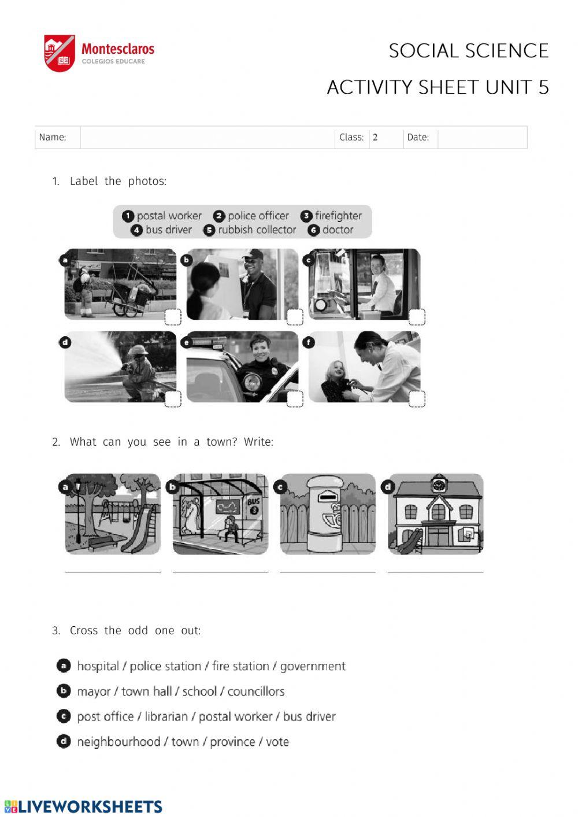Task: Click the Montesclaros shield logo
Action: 60,53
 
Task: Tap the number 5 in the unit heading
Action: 543,87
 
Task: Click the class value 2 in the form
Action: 375,137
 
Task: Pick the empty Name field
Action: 207,138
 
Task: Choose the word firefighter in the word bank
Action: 338,216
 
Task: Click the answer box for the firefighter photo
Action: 173,398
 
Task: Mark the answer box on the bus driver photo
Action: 417,317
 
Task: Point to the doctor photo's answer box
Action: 417,398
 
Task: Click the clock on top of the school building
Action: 437,485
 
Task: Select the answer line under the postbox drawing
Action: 328,572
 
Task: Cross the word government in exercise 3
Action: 313,666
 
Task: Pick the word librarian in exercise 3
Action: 166,716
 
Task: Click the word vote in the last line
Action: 277,741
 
